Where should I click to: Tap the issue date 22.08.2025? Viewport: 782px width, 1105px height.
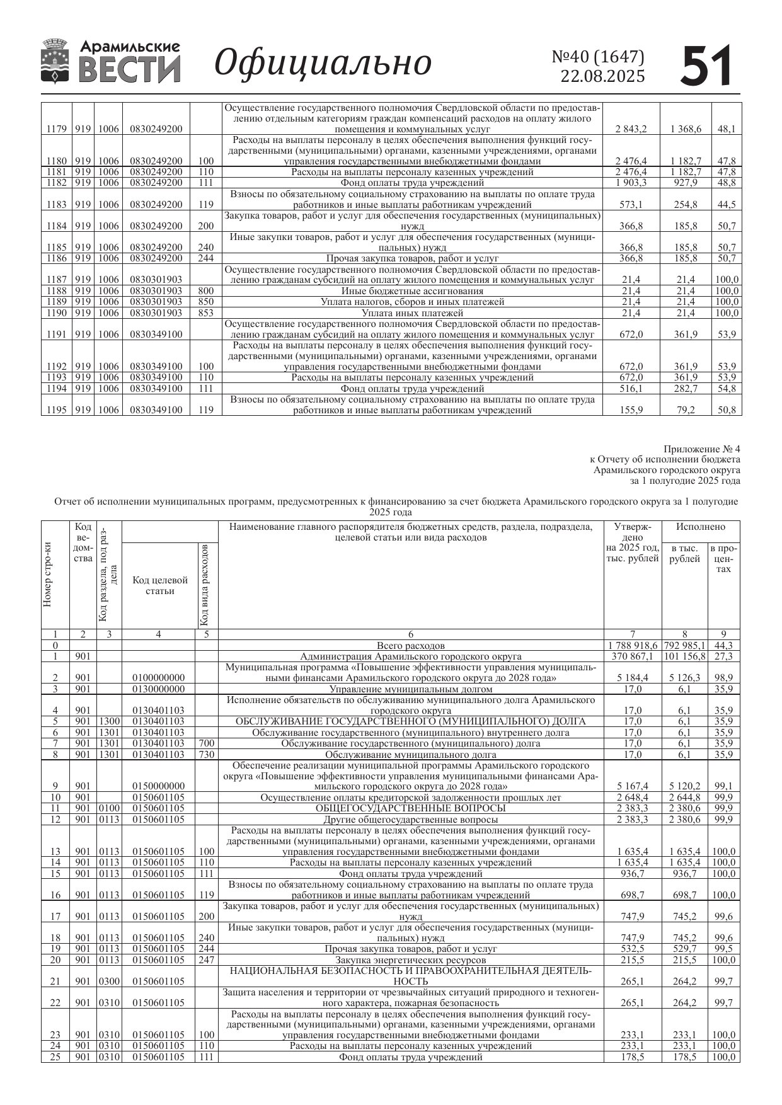coord(602,76)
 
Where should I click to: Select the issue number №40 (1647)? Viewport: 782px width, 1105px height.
coord(598,57)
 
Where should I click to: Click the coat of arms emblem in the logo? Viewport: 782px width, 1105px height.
coord(55,61)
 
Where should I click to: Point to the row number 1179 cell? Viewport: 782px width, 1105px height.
coord(56,129)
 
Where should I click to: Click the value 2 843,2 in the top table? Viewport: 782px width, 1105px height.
coord(631,129)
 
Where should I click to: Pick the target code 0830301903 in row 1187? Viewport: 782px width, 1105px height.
coord(156,280)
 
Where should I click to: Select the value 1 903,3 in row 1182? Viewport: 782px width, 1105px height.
coord(631,183)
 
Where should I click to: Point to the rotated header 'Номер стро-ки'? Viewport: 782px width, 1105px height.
coord(48,575)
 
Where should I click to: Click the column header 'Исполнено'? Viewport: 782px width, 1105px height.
coord(700,527)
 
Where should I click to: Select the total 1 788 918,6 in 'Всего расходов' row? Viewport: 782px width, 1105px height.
coord(633,646)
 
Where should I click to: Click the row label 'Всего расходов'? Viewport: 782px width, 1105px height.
coord(410,646)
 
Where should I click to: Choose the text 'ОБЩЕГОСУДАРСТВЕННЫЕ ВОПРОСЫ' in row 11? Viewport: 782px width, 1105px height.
coord(410,808)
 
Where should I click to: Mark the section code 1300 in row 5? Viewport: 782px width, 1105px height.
coord(108,721)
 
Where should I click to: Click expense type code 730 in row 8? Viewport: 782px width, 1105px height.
coord(206,754)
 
